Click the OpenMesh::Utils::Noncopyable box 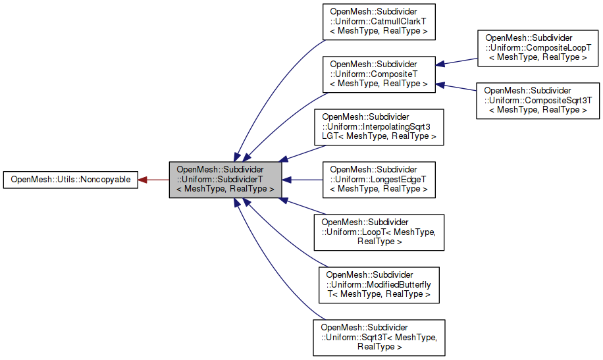(70, 179)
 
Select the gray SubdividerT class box (226, 179)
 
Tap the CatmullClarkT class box (379, 21)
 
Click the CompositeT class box (379, 73)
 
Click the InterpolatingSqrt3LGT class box (379, 126)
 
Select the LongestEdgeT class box (379, 179)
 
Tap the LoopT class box (379, 232)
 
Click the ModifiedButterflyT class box (379, 284)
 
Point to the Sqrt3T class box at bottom (379, 337)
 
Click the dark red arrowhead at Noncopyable (143, 179)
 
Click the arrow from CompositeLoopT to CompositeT (458, 61)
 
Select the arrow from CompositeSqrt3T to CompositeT (458, 87)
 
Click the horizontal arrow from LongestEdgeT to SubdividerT (303, 179)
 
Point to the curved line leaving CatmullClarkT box (276, 72)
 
